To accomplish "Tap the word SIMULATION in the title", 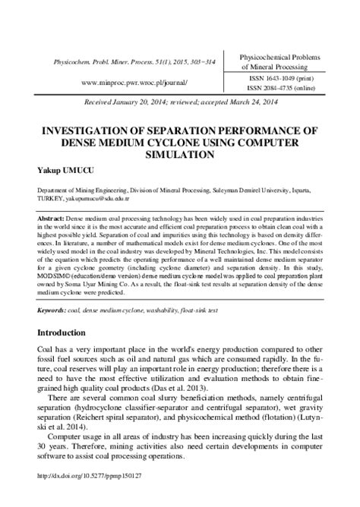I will click(x=180, y=153).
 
